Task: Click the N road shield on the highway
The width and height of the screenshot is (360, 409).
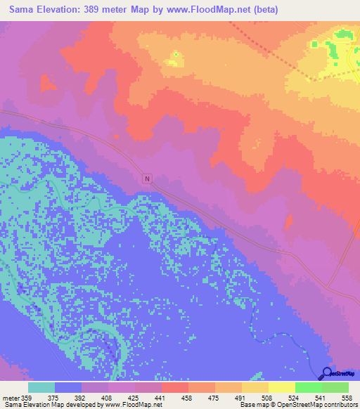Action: tap(147, 178)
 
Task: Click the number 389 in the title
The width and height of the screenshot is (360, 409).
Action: tap(97, 10)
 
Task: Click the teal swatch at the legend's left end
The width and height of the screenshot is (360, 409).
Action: tap(41, 387)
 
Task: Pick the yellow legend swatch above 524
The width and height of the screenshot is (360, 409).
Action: tap(282, 387)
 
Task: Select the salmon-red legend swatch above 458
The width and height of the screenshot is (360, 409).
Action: tap(175, 387)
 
